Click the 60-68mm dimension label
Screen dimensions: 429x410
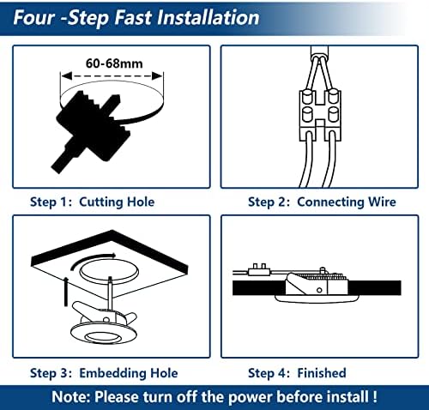[114, 63]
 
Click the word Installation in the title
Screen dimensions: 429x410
[208, 18]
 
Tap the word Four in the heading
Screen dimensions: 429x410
[34, 18]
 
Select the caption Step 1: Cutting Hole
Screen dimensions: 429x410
[93, 202]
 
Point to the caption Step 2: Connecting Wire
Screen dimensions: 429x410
[322, 202]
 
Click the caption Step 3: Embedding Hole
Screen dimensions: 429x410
[104, 373]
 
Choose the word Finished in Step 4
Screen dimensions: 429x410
[322, 373]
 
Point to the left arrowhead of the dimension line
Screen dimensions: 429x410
[66, 76]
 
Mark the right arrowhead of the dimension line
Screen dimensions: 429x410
[157, 76]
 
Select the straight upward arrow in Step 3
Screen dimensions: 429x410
[66, 291]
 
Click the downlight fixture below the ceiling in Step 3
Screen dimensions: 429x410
[104, 324]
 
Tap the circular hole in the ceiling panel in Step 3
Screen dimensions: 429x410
[109, 271]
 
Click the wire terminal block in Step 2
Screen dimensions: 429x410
[320, 115]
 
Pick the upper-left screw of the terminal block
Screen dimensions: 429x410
[307, 97]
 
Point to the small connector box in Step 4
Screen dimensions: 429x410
[259, 270]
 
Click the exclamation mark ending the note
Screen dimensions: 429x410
[375, 397]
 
